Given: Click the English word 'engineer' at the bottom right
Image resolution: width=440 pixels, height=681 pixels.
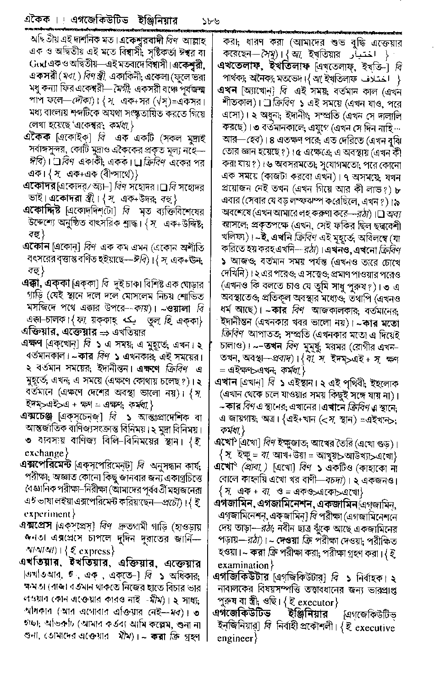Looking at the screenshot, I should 234,638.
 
